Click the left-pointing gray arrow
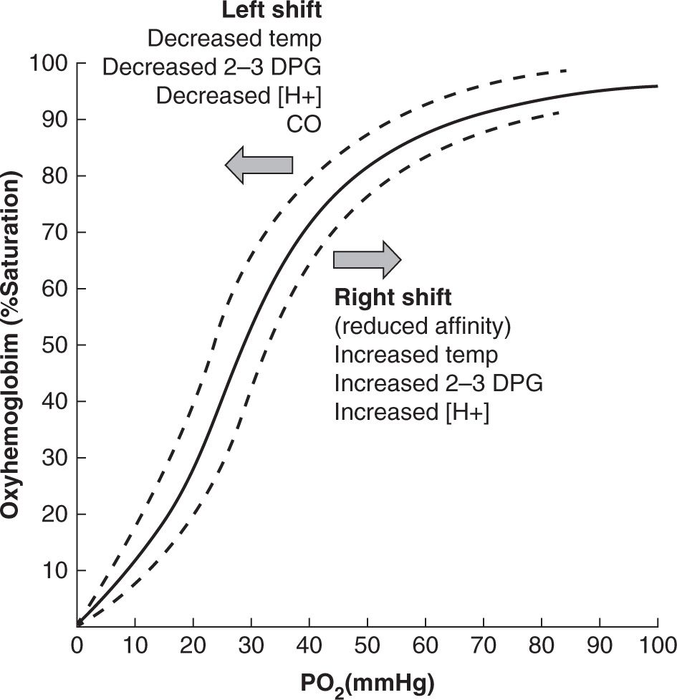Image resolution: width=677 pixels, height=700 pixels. tap(259, 165)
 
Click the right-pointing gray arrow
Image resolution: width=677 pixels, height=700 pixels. tap(367, 259)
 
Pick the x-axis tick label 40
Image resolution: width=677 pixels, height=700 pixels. tap(309, 643)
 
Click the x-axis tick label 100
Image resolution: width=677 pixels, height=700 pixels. tap(657, 643)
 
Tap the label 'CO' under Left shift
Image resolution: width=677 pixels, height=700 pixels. tap(304, 124)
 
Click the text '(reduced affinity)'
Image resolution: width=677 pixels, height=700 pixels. tap(423, 326)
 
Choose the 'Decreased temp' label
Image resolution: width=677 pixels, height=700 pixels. tap(234, 39)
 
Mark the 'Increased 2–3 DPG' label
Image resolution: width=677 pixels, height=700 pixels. tap(438, 384)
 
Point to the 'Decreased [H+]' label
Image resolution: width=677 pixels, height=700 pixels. tap(238, 95)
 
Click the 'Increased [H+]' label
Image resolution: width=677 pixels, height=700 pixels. tap(411, 413)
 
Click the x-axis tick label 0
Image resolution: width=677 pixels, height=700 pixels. tap(77, 643)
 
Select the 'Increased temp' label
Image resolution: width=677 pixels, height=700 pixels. tap(416, 355)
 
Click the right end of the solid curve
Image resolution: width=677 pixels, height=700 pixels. tap(656, 86)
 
